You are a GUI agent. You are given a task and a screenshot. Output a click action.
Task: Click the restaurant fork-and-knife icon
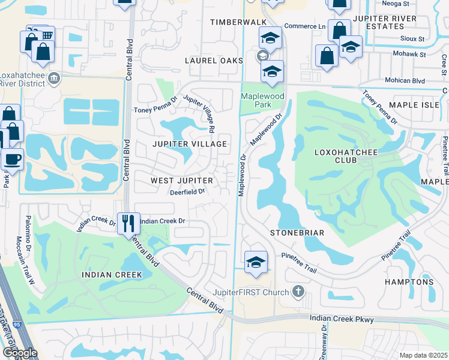point(128,223)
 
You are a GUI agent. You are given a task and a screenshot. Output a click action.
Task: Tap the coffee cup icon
point(11,160)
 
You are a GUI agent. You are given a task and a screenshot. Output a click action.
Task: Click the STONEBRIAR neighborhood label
point(297,232)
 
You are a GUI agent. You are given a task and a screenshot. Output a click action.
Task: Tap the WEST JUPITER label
point(181,181)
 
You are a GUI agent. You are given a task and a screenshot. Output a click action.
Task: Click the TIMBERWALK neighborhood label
point(238,22)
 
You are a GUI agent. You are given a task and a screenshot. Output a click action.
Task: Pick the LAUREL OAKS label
point(214,61)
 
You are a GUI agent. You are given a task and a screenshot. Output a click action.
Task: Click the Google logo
point(19,353)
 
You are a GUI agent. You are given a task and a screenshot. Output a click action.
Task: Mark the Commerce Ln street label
point(304,26)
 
